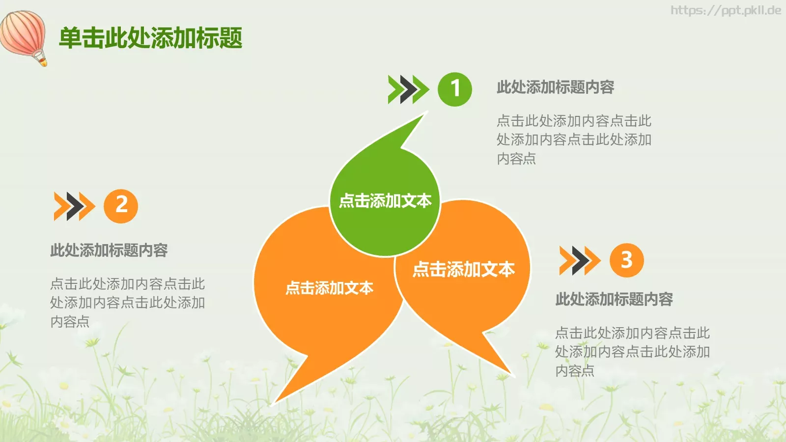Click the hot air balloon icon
tap(24, 36)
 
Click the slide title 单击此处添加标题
tap(150, 38)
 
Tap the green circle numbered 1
tap(455, 89)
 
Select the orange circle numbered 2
tap(121, 206)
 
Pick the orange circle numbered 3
tap(626, 260)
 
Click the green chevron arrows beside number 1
tap(408, 89)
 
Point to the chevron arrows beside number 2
tap(74, 206)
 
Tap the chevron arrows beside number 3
tap(579, 260)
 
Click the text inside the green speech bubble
tap(385, 201)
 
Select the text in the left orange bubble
tap(329, 288)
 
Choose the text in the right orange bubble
tap(463, 269)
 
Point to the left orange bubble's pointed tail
tap(290, 383)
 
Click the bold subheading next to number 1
tap(555, 87)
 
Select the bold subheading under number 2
tap(109, 250)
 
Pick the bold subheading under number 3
tap(614, 299)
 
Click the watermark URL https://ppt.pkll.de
tap(726, 10)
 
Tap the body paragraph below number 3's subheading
tap(632, 352)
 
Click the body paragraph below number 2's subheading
tap(127, 303)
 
